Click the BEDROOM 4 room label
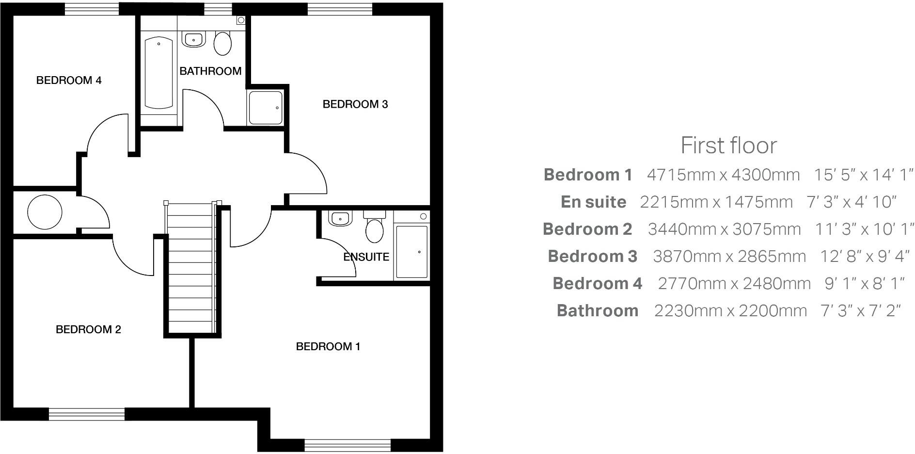point(69,81)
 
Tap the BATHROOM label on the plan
point(210,71)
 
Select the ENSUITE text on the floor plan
point(366,257)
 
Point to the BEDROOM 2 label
point(88,330)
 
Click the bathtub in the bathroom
point(158,73)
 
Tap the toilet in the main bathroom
point(222,43)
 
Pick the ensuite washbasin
point(340,218)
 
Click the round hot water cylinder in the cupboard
point(45,212)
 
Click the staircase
point(191,267)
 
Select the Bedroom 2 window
point(87,414)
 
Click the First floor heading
point(728,145)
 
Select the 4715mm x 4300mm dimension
point(723,175)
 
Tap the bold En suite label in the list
point(593,202)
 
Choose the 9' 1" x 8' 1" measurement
point(865,283)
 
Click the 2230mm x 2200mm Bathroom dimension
point(730,310)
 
